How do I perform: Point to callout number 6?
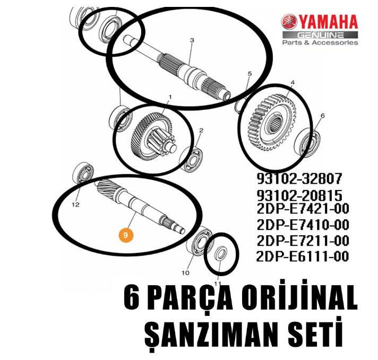click(x=322, y=115)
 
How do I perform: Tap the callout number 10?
click(x=185, y=273)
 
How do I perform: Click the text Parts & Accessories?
click(x=320, y=42)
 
